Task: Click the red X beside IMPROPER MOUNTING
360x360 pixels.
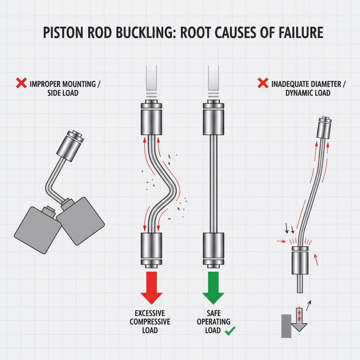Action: (x=21, y=84)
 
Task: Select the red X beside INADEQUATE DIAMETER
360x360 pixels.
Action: (x=263, y=84)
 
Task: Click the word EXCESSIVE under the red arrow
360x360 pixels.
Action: (x=150, y=313)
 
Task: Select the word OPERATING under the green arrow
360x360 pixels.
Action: (x=213, y=322)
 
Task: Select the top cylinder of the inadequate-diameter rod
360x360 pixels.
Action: (x=324, y=129)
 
